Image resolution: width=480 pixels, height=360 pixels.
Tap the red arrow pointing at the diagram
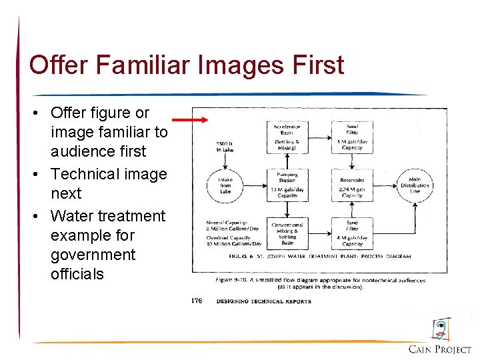[190, 120]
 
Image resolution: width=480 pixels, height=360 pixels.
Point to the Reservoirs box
[352, 185]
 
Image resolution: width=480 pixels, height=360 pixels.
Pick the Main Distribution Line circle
[415, 185]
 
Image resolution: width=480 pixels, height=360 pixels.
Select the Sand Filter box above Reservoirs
[352, 136]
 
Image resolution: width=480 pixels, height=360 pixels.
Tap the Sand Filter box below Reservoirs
[352, 233]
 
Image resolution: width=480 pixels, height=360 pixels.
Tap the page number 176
[196, 301]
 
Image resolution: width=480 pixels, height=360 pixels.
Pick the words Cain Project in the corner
[440, 349]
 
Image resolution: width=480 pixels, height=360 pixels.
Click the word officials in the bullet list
[77, 274]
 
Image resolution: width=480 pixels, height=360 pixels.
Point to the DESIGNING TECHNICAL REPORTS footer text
[264, 301]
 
